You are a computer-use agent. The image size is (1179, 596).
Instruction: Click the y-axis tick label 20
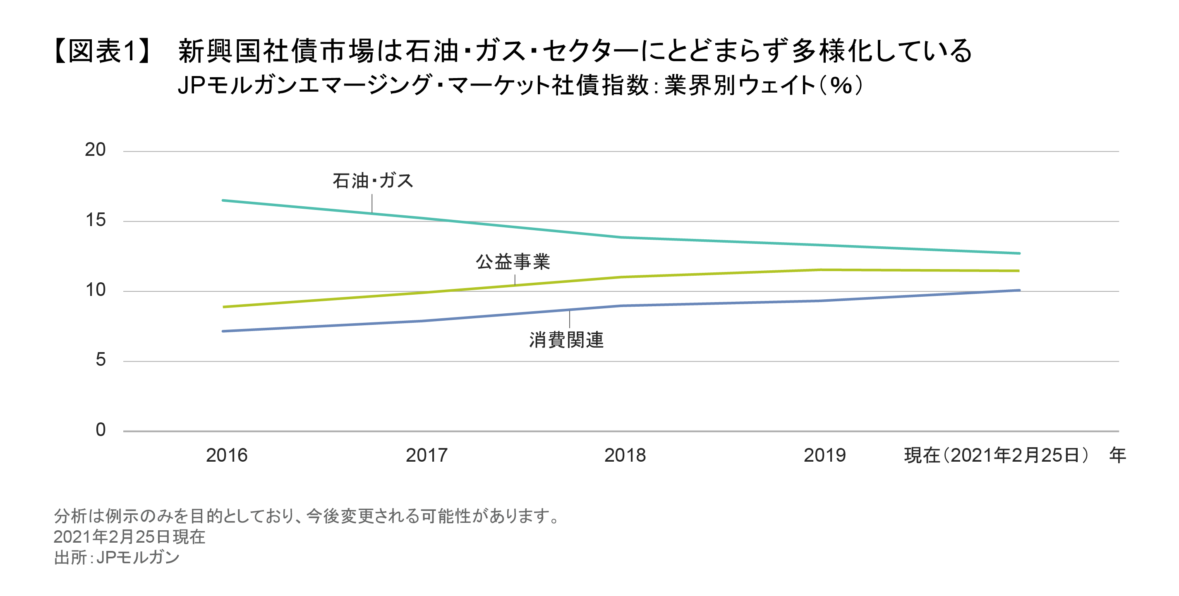(95, 150)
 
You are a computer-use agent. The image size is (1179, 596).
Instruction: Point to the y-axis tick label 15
(95, 220)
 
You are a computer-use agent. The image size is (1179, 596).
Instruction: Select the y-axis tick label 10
(95, 290)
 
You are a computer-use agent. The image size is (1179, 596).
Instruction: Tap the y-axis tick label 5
(100, 360)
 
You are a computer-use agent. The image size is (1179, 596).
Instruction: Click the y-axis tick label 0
(100, 430)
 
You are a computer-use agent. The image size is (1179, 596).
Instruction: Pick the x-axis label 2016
(227, 455)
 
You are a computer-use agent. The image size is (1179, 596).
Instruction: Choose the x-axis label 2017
(426, 455)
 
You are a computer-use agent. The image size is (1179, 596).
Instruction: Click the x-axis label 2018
(625, 455)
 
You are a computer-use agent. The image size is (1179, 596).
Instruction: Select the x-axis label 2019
(824, 455)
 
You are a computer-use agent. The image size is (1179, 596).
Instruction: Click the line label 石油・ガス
(373, 181)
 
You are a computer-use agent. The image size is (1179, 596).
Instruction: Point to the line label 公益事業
(513, 262)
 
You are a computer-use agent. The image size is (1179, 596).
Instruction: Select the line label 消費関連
(566, 340)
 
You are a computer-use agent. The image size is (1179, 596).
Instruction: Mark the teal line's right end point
(1019, 253)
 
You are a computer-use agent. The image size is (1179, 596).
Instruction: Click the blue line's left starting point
(223, 331)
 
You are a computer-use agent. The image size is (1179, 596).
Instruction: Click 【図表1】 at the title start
(102, 50)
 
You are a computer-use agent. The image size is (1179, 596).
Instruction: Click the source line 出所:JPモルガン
(117, 558)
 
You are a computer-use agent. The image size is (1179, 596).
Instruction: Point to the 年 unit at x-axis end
(1117, 455)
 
